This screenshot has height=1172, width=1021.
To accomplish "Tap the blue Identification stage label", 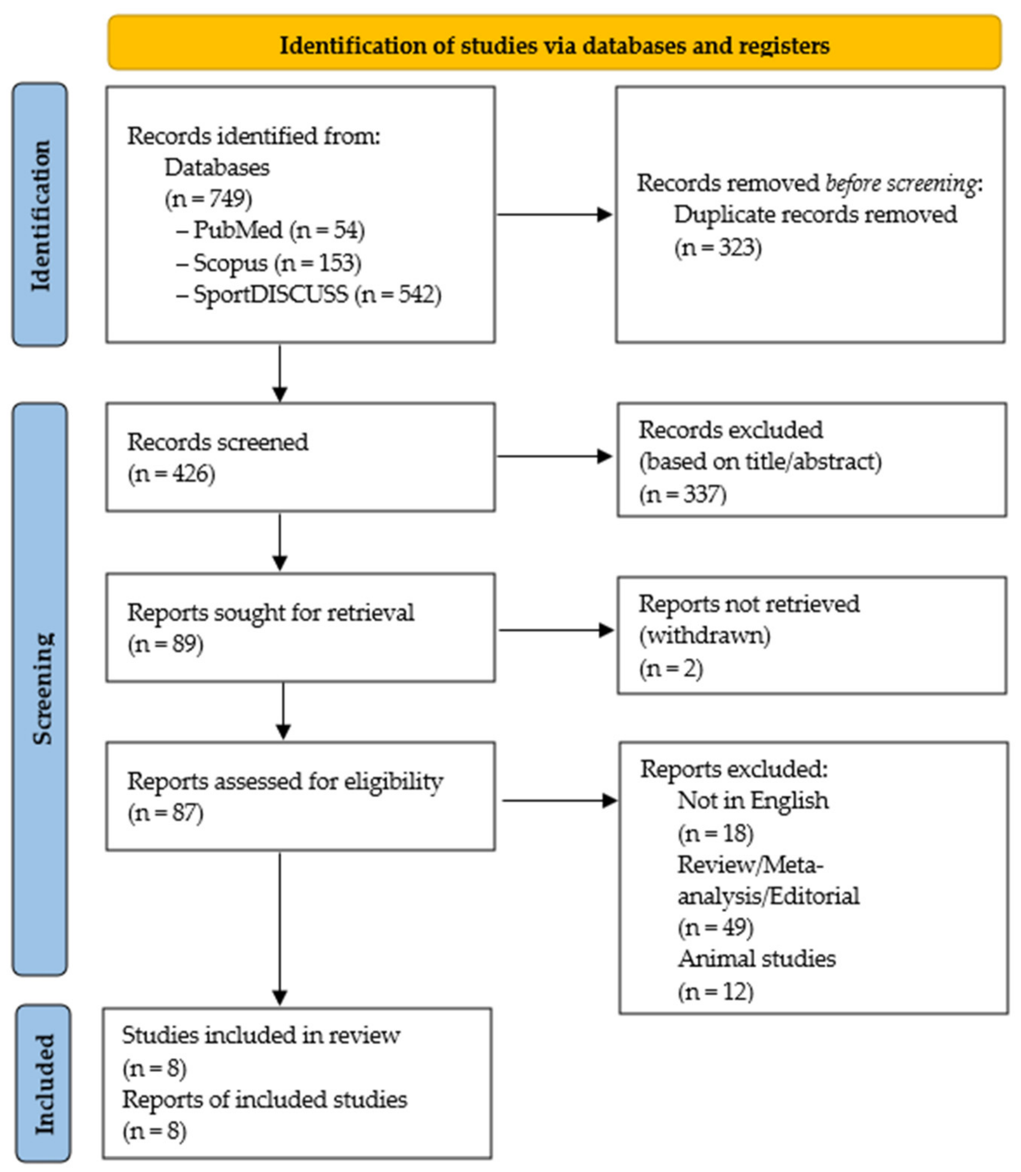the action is click(40, 215).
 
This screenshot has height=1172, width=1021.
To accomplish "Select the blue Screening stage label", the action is click(40, 689).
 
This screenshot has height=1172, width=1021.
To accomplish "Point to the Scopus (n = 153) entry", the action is click(269, 263).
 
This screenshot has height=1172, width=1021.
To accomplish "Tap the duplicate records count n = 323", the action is click(718, 247).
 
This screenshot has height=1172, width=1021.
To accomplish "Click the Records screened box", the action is click(300, 457).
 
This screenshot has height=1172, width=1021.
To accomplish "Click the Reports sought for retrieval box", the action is click(300, 627).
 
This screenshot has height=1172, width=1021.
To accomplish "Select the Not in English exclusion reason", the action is click(753, 801).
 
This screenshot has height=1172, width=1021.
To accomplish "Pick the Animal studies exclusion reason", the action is click(757, 959).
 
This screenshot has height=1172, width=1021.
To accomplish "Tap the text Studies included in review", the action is click(261, 1035).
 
